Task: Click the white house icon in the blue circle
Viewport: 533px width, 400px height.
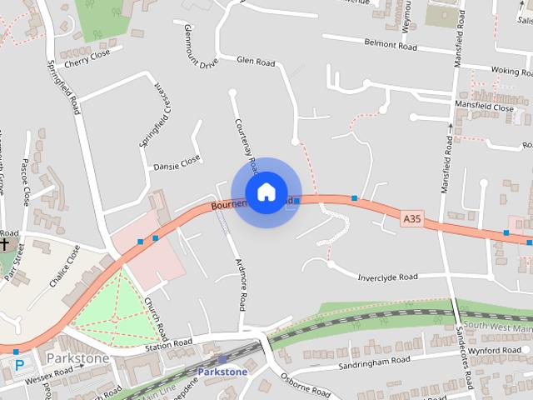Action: tap(266, 192)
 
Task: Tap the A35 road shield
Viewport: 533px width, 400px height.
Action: tap(411, 217)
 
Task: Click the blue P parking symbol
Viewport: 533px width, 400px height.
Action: tap(19, 363)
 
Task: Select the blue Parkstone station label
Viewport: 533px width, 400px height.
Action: tap(223, 371)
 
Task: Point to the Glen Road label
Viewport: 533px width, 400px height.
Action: tap(256, 61)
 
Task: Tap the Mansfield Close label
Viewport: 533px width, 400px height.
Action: tap(484, 107)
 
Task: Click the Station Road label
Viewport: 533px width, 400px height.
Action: tap(169, 342)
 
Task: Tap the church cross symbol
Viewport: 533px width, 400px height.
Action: tap(6, 245)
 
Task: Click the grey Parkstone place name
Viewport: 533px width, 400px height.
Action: tap(77, 357)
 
